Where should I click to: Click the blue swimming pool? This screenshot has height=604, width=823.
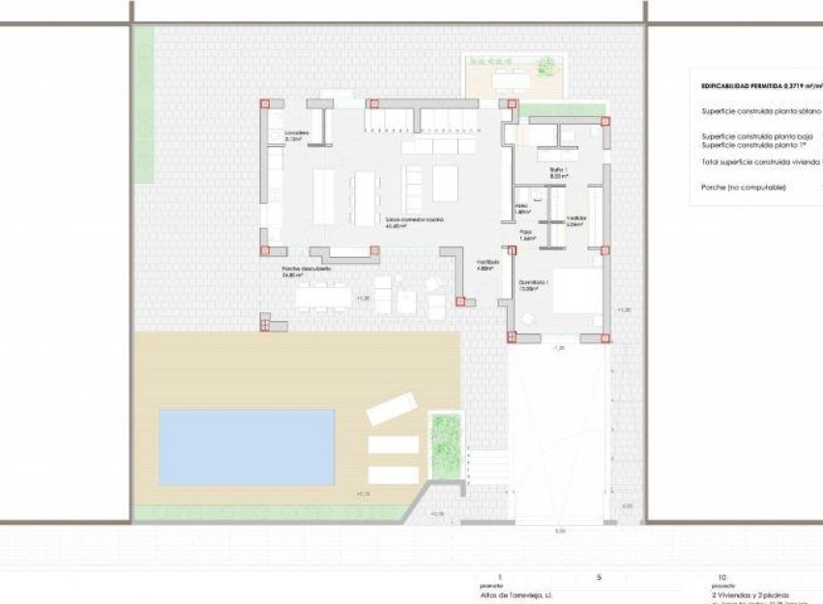tap(247, 446)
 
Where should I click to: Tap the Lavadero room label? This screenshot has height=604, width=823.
tap(296, 133)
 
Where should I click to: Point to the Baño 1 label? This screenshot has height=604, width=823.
tap(558, 174)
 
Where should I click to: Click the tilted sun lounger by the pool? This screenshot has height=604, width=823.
tap(391, 408)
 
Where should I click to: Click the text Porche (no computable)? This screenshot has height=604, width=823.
tap(744, 187)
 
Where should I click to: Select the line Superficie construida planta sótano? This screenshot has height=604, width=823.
tap(760, 111)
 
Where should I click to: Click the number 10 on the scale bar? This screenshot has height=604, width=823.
tap(721, 577)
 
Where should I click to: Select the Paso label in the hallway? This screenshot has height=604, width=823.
tap(526, 233)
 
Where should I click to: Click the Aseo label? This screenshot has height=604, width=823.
tap(521, 207)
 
